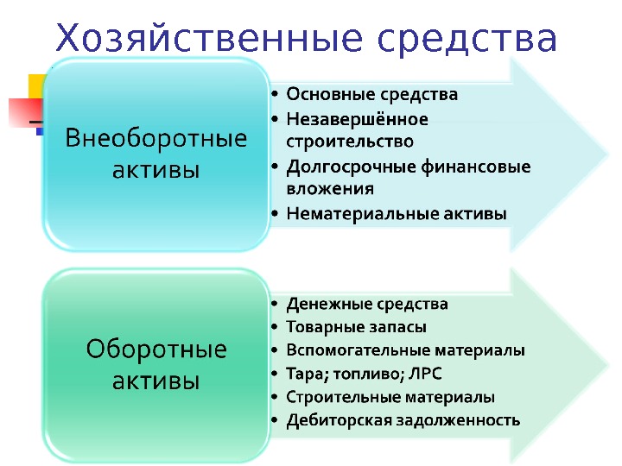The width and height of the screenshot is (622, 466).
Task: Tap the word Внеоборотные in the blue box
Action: point(156,138)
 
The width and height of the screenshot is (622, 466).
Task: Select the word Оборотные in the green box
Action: point(156,349)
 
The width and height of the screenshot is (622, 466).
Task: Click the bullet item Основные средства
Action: point(372,93)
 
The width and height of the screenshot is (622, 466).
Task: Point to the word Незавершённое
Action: point(358,117)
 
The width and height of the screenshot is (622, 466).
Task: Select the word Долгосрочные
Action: point(338,166)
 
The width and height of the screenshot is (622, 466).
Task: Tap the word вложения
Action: point(330,188)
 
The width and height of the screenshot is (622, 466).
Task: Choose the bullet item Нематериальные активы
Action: point(397,212)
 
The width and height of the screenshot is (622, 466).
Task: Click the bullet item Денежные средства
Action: point(367,304)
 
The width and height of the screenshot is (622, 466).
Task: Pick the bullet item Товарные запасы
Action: point(357,327)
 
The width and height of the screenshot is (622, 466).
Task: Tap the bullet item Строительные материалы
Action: point(390,398)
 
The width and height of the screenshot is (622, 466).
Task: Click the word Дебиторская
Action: point(329,421)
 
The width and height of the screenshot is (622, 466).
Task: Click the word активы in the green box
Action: point(156,379)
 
